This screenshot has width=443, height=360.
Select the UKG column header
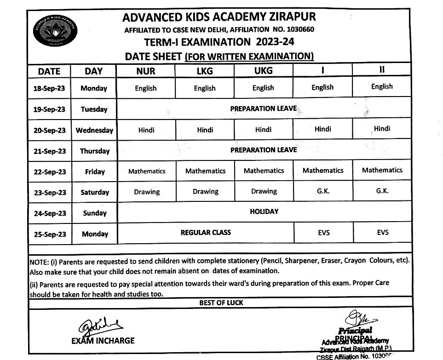click(x=263, y=70)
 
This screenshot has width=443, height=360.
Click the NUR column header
click(x=145, y=71)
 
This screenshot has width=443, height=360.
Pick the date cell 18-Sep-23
click(x=49, y=88)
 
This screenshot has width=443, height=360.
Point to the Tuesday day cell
click(x=94, y=109)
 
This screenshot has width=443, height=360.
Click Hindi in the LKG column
click(x=205, y=130)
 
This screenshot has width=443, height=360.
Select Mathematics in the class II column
click(x=382, y=170)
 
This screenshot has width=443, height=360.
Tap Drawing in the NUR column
click(x=147, y=192)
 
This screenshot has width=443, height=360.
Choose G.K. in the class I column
click(x=323, y=190)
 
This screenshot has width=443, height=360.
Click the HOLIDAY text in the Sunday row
click(x=264, y=211)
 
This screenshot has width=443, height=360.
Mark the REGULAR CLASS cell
click(x=206, y=233)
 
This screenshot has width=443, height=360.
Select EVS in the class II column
click(x=382, y=233)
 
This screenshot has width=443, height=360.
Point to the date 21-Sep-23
click(x=49, y=151)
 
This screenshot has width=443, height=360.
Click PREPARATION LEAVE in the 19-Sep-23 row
click(x=264, y=109)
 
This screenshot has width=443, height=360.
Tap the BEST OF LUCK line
click(x=221, y=303)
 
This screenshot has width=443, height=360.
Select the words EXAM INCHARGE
click(x=103, y=341)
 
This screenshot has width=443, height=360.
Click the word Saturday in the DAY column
click(x=95, y=193)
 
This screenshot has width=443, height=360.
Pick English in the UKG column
click(x=263, y=88)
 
